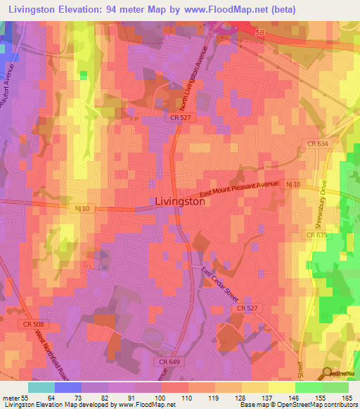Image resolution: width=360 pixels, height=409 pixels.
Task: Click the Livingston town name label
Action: tap(179, 201)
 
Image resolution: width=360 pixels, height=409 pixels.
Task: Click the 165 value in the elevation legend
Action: tap(346, 397)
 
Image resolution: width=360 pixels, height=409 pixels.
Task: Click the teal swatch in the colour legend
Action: tap(41, 387)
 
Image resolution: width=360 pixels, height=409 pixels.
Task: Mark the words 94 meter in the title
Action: tap(137, 9)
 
